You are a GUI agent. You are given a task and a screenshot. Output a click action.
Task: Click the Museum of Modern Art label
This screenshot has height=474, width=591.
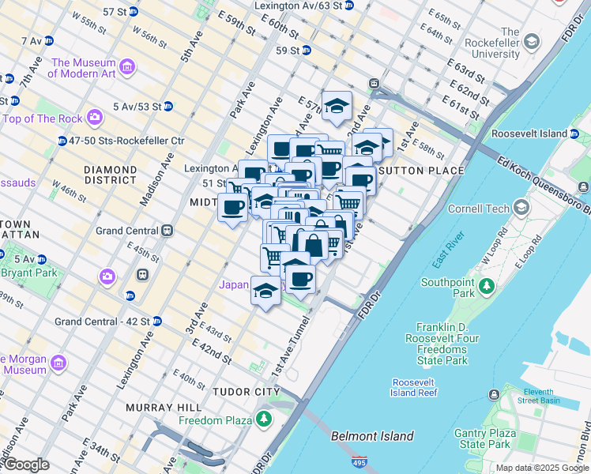(x=82, y=68)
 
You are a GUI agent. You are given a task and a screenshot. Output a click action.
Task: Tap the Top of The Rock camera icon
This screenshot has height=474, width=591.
(x=95, y=118)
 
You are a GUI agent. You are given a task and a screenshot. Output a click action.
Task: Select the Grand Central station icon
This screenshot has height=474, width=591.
(x=167, y=231)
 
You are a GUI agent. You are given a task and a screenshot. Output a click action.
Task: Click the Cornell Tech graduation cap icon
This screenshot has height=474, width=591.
(x=521, y=208)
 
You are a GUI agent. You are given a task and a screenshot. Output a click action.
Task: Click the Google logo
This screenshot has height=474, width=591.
(x=25, y=465)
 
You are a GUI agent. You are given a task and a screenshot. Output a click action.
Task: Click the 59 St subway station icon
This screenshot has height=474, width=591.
(x=306, y=51)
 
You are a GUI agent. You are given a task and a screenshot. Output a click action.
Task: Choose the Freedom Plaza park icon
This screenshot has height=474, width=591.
(x=263, y=419)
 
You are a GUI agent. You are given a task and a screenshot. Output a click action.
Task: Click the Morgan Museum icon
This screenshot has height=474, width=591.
(x=58, y=363)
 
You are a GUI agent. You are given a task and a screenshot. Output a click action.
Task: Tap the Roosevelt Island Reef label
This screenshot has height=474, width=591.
(x=413, y=388)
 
